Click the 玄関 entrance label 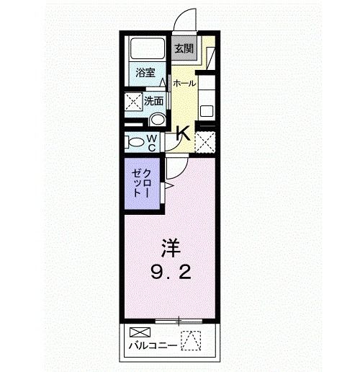click(184, 49)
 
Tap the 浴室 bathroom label click(146, 71)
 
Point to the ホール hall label click(184, 83)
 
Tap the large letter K click(183, 133)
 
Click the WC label click(153, 141)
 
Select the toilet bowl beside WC click(134, 141)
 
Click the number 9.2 click(171, 273)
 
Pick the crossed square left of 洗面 click(133, 102)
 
